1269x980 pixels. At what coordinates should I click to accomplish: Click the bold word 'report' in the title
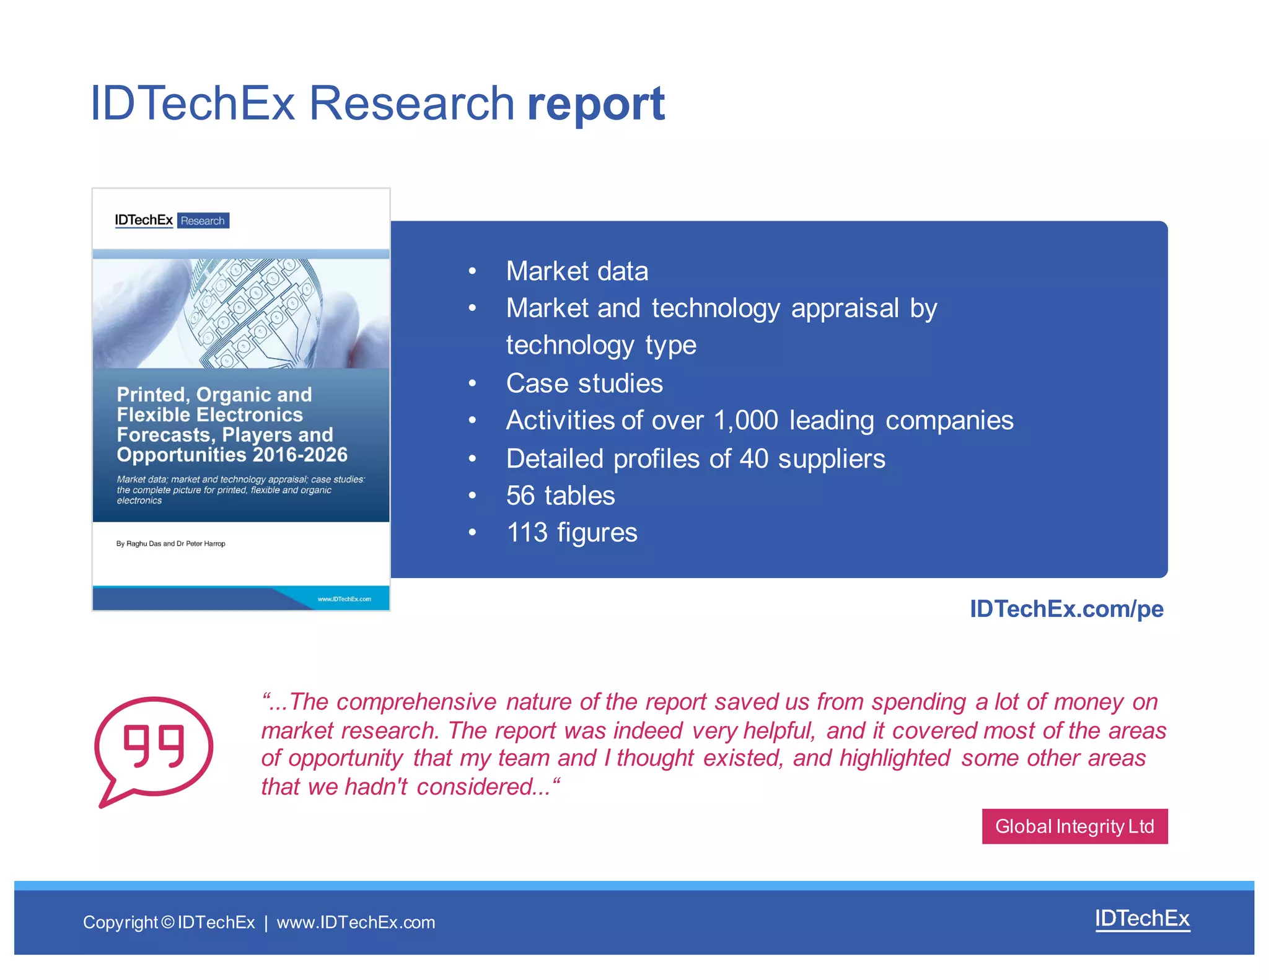[595, 103]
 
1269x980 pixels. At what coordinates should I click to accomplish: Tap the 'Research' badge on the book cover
[203, 221]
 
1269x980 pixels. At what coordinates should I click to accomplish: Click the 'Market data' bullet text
[577, 271]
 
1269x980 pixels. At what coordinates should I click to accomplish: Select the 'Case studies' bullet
[584, 383]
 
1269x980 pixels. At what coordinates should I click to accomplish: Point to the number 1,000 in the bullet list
[745, 421]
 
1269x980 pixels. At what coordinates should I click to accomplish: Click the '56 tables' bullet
[560, 496]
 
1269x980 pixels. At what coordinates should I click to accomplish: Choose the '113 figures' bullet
[571, 533]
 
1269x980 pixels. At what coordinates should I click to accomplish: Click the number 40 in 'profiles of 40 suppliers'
[754, 459]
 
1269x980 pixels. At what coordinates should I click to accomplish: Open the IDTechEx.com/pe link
[1066, 609]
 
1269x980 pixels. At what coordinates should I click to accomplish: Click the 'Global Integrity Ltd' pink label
[1074, 826]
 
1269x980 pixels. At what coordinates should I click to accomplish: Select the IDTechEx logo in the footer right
[1142, 919]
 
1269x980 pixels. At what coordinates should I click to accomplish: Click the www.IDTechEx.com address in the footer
[356, 922]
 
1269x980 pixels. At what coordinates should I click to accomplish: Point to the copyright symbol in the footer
[168, 922]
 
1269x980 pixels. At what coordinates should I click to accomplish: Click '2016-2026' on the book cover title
[300, 455]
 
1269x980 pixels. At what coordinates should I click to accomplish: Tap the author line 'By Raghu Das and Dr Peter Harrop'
[170, 544]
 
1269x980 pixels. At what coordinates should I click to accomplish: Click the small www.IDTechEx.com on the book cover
[344, 599]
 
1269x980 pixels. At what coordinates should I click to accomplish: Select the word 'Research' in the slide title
[411, 103]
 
